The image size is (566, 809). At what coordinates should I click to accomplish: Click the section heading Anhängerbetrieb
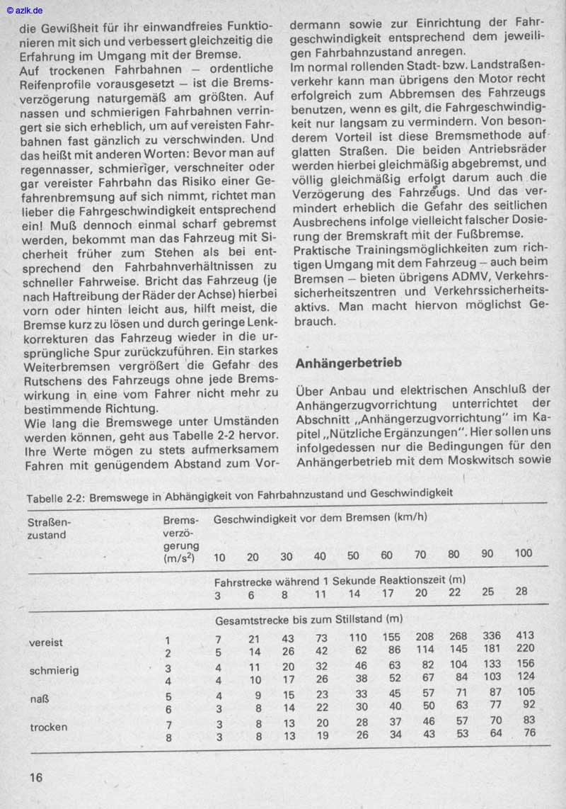(x=348, y=363)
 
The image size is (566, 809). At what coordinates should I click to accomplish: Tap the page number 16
(x=35, y=777)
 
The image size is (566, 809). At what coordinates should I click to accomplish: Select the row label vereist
(x=46, y=643)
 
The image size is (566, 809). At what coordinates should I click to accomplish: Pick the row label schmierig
(x=54, y=670)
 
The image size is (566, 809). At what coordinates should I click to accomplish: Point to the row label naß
(x=40, y=699)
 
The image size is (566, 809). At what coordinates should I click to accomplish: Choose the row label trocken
(x=50, y=727)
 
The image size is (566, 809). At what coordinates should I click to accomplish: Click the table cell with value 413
(x=524, y=635)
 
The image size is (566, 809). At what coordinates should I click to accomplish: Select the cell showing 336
(x=490, y=635)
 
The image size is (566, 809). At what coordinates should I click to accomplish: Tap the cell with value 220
(x=524, y=649)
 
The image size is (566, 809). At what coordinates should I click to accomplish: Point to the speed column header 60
(x=386, y=555)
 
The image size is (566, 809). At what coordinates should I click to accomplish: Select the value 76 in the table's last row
(x=528, y=733)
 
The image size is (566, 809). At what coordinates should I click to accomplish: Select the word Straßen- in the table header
(x=50, y=521)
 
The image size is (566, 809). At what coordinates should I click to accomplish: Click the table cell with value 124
(x=524, y=677)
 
